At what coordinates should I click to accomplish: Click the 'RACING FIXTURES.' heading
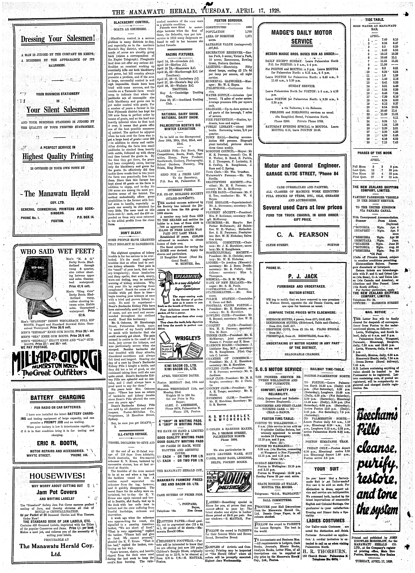pyautogui.click(x=180, y=54)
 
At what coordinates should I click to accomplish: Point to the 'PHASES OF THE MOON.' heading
pyautogui.click(x=375, y=153)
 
